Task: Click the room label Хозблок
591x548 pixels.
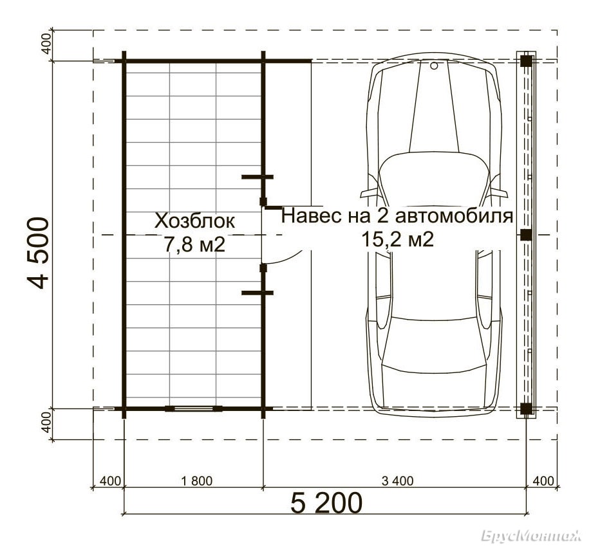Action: click(x=194, y=221)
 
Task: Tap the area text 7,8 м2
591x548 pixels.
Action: click(x=194, y=245)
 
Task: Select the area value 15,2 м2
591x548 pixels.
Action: click(x=397, y=239)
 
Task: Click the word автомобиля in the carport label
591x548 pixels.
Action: click(x=455, y=217)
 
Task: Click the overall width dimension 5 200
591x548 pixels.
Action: click(x=326, y=503)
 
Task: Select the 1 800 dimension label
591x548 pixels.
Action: click(x=196, y=481)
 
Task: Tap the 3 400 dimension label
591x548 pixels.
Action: click(x=397, y=481)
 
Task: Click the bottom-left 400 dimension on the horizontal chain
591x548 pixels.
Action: click(x=109, y=481)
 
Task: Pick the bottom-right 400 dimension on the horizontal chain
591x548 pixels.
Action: click(x=543, y=481)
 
